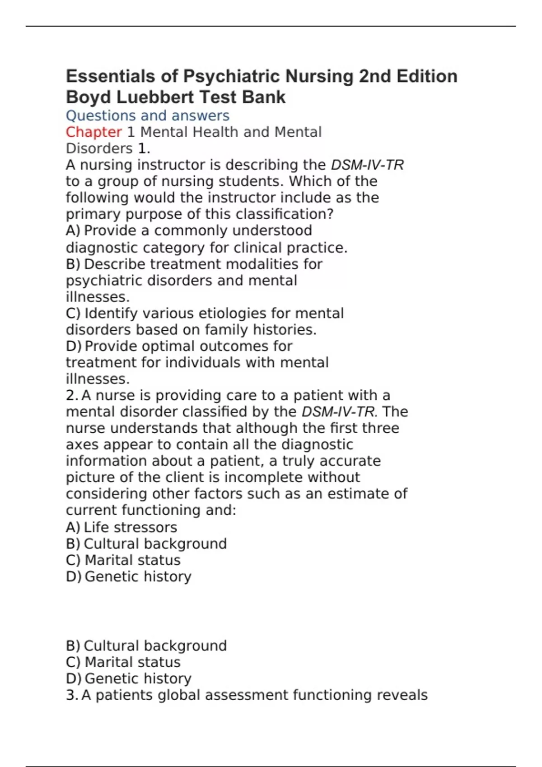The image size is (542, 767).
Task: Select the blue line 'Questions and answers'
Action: tap(148, 116)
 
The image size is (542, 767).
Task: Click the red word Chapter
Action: tap(93, 132)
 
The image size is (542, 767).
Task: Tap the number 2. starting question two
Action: tap(72, 396)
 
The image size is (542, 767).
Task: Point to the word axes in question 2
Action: tap(82, 445)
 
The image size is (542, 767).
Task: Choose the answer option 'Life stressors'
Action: tap(130, 527)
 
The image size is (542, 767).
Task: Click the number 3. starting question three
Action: tap(72, 695)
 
